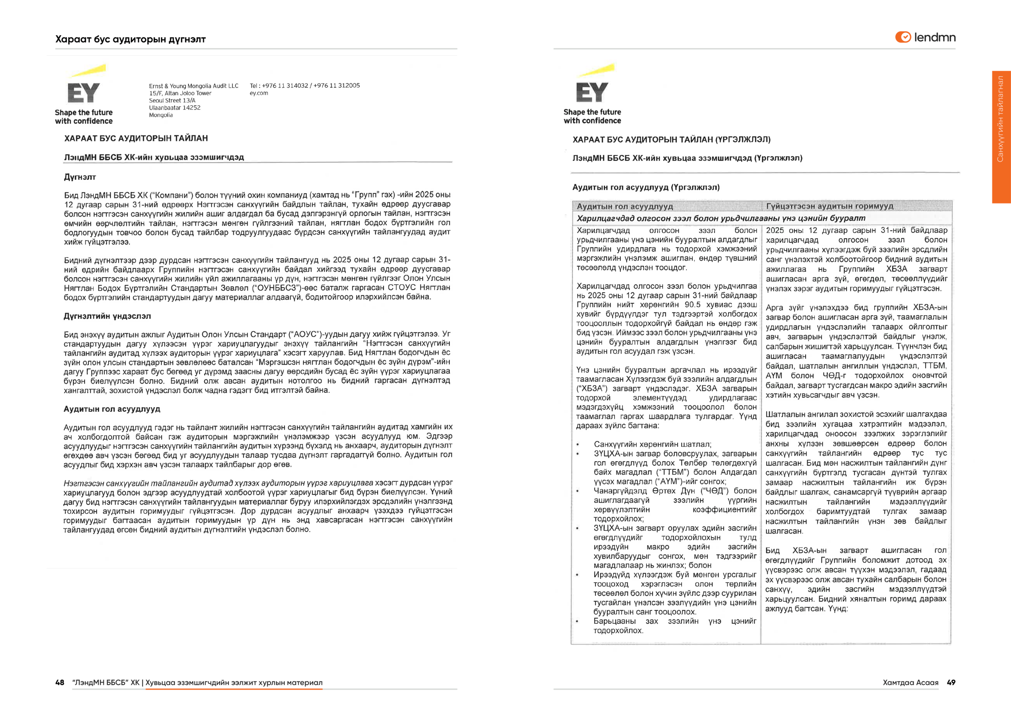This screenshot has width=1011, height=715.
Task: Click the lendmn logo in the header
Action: point(925,38)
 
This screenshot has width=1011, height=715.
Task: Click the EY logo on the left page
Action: point(84,92)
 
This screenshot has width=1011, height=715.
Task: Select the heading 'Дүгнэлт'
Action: point(80,177)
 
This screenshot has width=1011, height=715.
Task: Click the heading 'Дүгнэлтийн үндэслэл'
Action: point(107,316)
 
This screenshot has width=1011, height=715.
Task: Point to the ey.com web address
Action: point(259,93)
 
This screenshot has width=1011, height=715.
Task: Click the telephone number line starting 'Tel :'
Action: point(305,85)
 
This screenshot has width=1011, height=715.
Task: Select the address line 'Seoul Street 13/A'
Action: point(172,100)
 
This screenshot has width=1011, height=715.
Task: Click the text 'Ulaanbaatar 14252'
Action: point(175,107)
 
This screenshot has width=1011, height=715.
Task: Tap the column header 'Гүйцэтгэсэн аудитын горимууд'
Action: point(830,206)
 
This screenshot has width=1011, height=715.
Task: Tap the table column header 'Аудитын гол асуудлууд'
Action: point(625,206)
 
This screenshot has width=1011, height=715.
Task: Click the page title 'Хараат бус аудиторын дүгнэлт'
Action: point(130,39)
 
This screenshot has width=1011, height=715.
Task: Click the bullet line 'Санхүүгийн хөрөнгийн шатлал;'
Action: point(652,444)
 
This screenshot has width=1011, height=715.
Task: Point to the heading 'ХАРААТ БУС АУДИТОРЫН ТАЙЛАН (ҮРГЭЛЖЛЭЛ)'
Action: point(671,140)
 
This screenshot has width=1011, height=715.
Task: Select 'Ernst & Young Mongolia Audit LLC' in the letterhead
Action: point(194,86)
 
